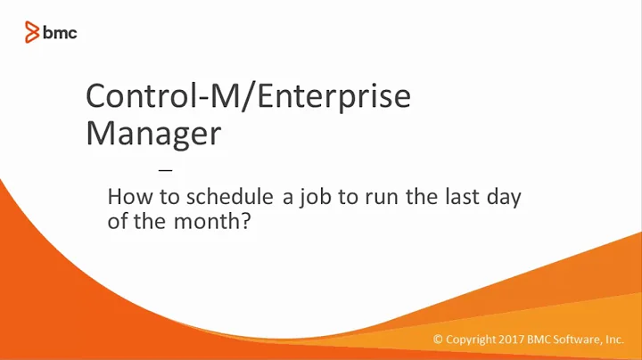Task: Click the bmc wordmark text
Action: [x=61, y=33]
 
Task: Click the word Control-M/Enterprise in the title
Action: [x=247, y=97]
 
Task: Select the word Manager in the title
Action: [x=152, y=134]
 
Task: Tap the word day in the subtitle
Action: [x=502, y=198]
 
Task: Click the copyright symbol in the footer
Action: [x=438, y=340]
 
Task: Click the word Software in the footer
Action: [x=579, y=340]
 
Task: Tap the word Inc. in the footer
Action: [x=614, y=340]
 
